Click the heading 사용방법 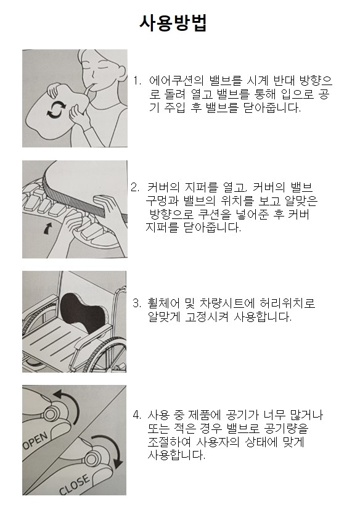click(x=173, y=23)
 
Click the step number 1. click(x=137, y=81)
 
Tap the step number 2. click(x=135, y=188)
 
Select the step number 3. click(x=137, y=303)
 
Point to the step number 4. click(x=137, y=415)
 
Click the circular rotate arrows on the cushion click(x=57, y=109)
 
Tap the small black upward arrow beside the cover click(x=48, y=228)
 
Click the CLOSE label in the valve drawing click(x=74, y=485)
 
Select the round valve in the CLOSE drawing click(x=91, y=458)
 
